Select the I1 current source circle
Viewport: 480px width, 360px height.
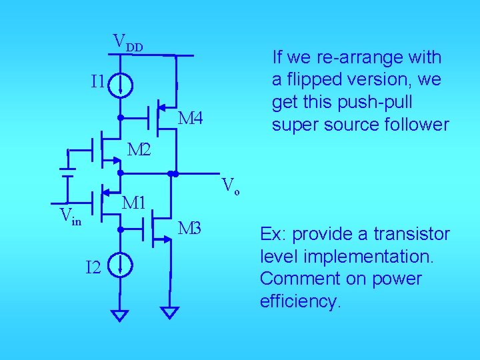121,85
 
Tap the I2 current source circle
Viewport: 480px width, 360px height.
121,267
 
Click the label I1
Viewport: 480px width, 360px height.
97,82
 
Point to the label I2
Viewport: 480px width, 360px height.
93,268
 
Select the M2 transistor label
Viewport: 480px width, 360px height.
139,150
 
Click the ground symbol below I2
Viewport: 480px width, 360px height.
119,315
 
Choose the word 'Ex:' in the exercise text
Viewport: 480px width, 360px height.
273,235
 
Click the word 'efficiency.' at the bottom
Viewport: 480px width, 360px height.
300,301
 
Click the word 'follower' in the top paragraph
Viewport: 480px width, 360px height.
417,125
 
